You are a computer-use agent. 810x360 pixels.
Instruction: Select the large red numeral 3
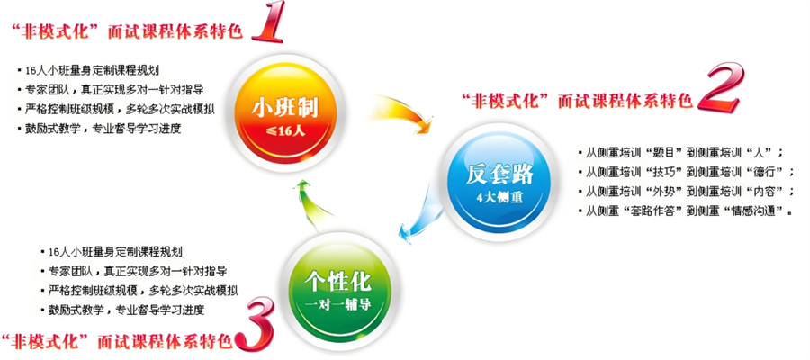254,323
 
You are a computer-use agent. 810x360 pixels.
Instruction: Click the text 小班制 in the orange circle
284,109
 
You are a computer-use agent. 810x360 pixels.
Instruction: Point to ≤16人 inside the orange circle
284,130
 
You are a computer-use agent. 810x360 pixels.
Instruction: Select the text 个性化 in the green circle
337,281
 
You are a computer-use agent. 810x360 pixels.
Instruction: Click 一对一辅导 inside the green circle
337,304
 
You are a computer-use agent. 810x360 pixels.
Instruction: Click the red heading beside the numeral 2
577,100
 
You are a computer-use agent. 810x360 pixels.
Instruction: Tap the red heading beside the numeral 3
117,341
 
